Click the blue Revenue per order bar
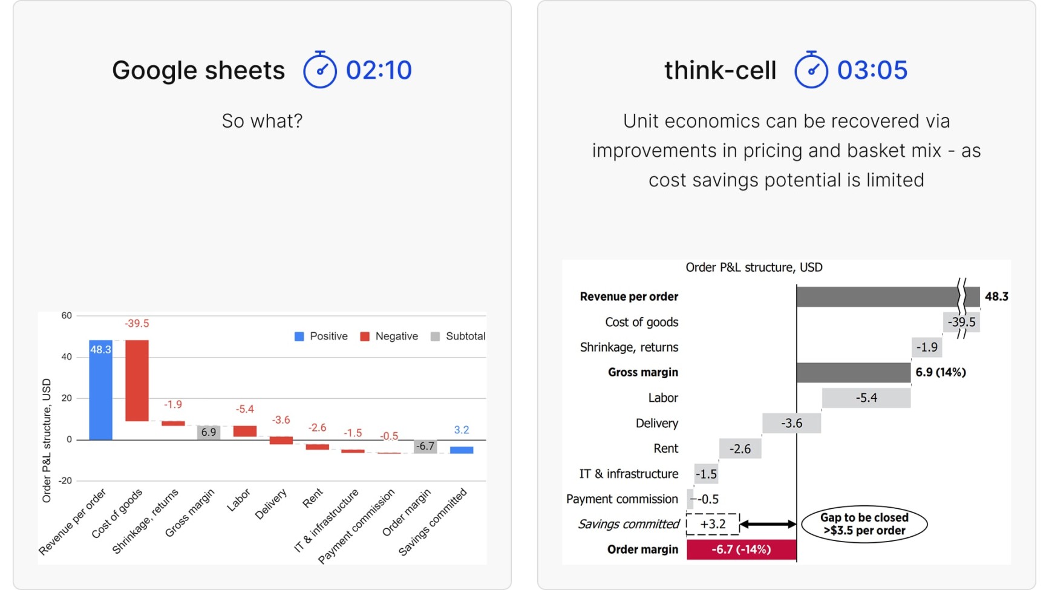point(100,390)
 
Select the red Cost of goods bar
point(137,381)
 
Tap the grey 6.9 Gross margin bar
point(209,432)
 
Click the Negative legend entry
point(389,336)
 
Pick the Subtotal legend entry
point(458,336)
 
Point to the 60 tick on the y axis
point(67,315)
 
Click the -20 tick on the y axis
point(65,480)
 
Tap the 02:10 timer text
point(379,70)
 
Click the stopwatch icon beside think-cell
point(811,70)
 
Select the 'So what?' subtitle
point(262,121)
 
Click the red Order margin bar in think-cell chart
point(742,549)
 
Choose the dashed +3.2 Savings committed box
point(713,524)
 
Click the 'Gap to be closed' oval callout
point(864,524)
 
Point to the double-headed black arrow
point(768,524)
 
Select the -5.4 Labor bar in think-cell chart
point(866,398)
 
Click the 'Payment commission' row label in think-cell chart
point(622,499)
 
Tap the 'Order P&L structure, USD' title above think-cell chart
point(754,267)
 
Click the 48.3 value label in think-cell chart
point(996,297)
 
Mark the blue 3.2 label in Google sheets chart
point(462,430)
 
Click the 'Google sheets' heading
point(198,70)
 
